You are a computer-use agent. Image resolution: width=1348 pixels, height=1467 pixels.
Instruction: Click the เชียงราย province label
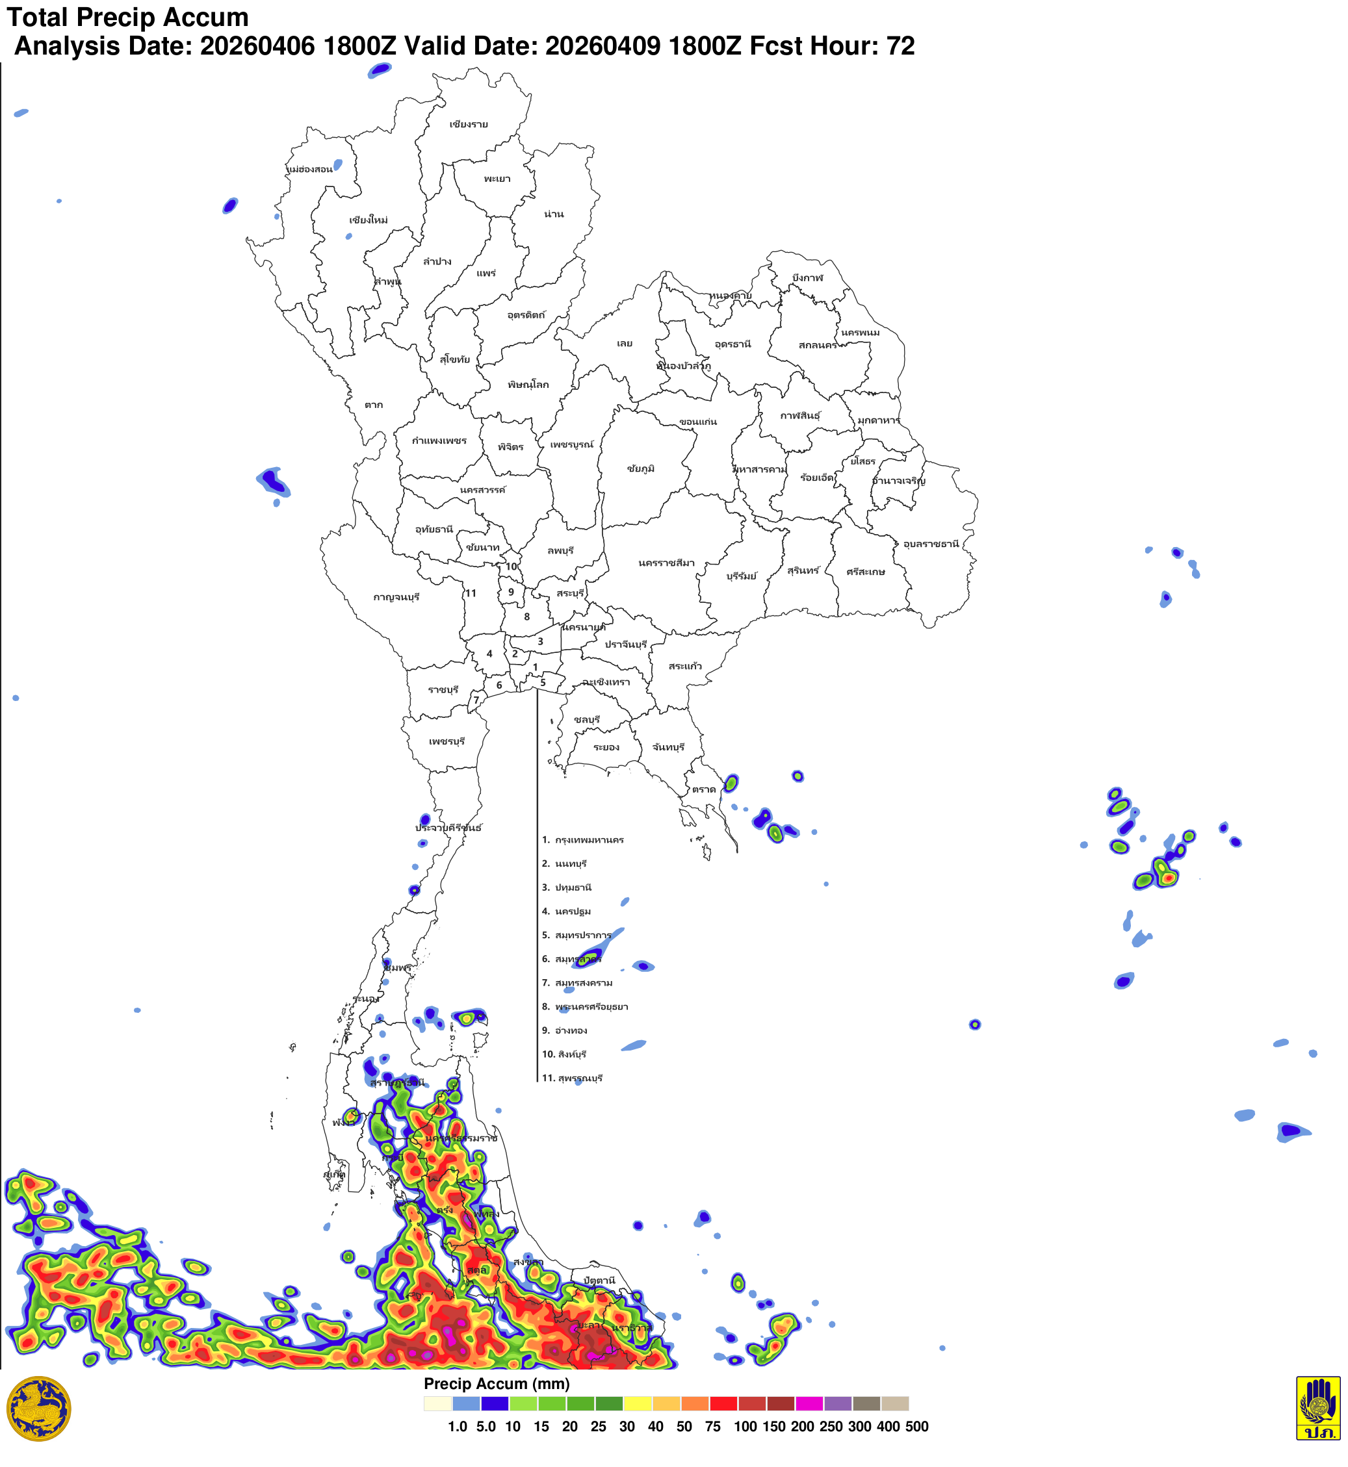click(x=469, y=125)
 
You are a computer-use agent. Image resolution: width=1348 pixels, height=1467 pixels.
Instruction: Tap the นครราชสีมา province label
click(x=666, y=563)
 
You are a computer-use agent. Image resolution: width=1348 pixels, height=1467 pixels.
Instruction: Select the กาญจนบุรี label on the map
click(x=396, y=597)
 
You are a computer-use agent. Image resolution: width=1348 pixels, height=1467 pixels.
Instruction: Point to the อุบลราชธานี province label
click(x=931, y=544)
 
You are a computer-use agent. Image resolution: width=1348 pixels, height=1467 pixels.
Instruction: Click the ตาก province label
click(x=374, y=405)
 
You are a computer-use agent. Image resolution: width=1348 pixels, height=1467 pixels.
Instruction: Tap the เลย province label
click(x=625, y=344)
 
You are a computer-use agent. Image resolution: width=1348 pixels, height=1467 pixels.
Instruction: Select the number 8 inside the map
click(x=526, y=617)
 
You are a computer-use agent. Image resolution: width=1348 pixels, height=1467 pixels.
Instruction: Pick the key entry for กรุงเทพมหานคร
click(x=583, y=840)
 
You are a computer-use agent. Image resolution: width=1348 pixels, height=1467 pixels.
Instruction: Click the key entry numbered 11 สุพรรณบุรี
click(x=572, y=1078)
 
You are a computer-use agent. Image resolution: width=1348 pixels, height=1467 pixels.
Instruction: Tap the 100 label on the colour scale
click(x=745, y=1427)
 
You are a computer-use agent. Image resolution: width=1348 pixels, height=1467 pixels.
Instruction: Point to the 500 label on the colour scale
click(x=916, y=1427)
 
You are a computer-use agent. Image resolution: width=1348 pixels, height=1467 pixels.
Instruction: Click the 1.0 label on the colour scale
click(x=458, y=1427)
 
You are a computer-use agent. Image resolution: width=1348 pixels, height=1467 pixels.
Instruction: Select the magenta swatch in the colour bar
click(x=809, y=1403)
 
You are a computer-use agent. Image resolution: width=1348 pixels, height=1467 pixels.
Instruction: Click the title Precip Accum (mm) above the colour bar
click(x=497, y=1384)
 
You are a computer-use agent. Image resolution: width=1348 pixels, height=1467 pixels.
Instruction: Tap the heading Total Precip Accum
click(x=127, y=17)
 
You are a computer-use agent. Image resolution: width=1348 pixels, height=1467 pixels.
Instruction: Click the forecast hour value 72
click(x=900, y=46)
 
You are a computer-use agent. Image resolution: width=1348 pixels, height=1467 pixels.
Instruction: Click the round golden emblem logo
click(x=38, y=1409)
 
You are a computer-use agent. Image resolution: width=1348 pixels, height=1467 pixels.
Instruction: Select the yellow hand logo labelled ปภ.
click(x=1317, y=1408)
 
